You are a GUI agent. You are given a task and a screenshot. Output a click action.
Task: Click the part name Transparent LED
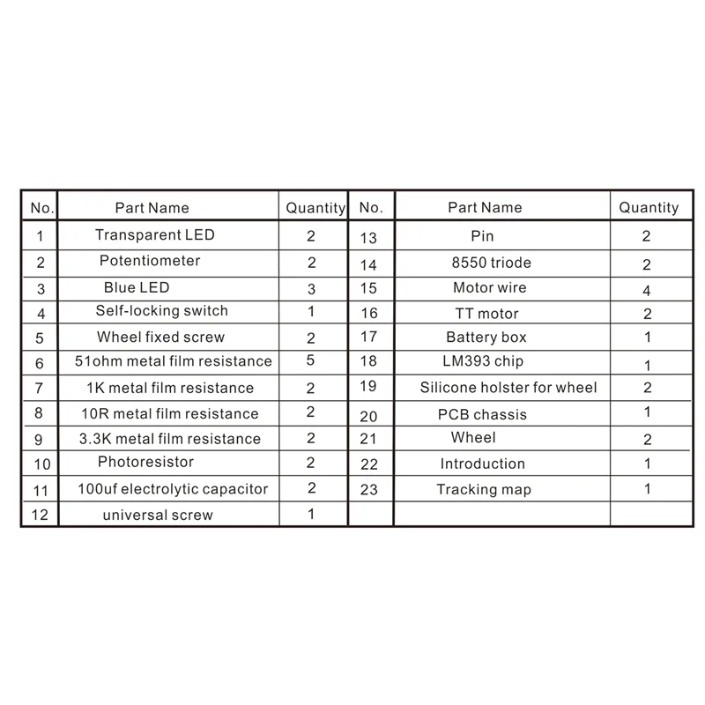point(155,235)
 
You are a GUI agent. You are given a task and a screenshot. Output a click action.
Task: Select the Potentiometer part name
point(150,261)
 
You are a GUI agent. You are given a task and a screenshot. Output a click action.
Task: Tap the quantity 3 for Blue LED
point(311,288)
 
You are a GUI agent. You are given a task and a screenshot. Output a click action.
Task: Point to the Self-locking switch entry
point(162,311)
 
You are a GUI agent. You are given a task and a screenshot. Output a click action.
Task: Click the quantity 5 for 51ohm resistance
point(311,360)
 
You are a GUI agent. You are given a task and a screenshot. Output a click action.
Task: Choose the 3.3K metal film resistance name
point(171,439)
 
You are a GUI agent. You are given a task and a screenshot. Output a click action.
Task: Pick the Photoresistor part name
point(146,462)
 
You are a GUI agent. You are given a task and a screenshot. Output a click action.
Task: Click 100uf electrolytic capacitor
point(173,489)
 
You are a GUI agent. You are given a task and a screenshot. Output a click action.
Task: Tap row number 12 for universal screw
point(40,516)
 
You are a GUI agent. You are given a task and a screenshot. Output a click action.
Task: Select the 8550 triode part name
point(492,263)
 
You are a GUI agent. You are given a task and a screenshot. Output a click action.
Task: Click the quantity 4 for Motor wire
point(647,290)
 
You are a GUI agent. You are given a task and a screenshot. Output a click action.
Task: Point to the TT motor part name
point(486,314)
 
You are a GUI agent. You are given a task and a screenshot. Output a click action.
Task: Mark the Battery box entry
point(486,338)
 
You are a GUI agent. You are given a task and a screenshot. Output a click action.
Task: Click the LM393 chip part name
point(483,361)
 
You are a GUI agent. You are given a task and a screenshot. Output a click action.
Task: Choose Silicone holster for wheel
point(508,388)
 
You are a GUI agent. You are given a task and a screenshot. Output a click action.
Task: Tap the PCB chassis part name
point(482,414)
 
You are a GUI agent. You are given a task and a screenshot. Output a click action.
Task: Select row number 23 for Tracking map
point(369,488)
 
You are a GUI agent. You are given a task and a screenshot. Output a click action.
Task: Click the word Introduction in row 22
point(482,464)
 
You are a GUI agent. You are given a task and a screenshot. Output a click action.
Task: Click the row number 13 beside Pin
point(368,237)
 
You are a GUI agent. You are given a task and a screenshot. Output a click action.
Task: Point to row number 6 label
point(40,363)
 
